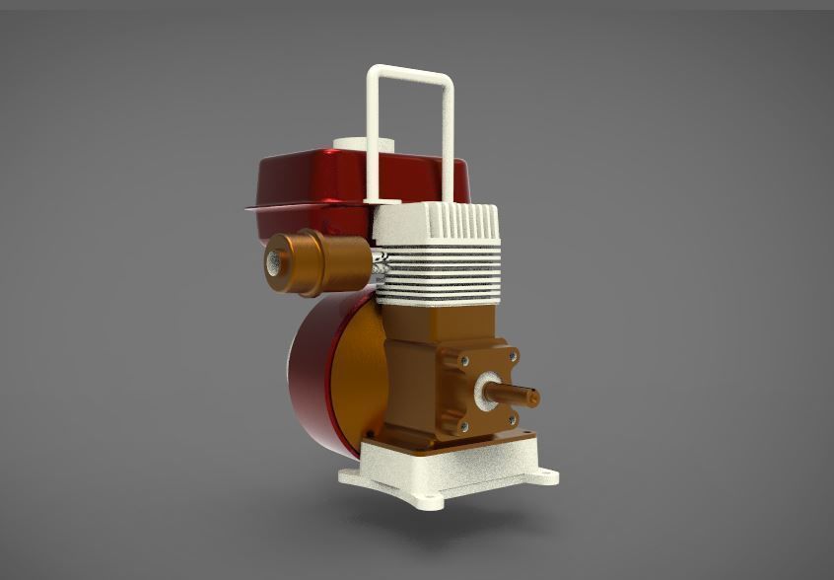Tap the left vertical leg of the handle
coord(376,138)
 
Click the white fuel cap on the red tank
coord(351,144)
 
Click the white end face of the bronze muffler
coord(274,262)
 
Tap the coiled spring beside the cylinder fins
coord(382,263)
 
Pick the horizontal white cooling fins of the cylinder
coord(444,271)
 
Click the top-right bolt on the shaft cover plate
coord(513,352)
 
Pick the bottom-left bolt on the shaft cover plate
coord(463,426)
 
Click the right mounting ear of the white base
coord(544,476)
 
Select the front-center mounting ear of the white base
coord(424,500)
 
